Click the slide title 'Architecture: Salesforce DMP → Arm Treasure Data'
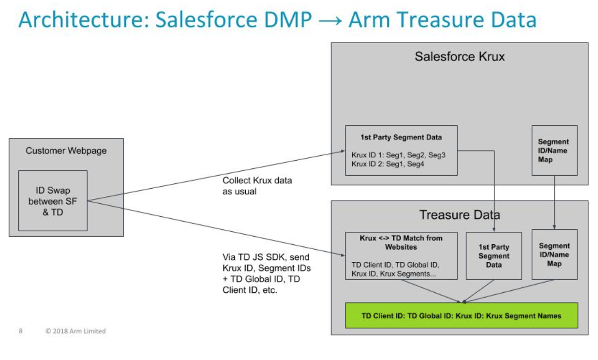(x=277, y=20)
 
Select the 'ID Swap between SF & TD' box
(x=53, y=200)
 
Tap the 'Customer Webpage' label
(x=66, y=150)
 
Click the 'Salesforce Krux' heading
(x=459, y=57)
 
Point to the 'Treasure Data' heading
(x=459, y=215)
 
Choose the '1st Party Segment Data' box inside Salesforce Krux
(x=401, y=150)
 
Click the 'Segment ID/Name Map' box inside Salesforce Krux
(x=554, y=150)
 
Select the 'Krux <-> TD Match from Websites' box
(x=401, y=255)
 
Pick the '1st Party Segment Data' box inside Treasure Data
(x=493, y=255)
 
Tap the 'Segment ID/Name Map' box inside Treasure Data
(x=554, y=255)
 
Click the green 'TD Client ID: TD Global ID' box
(x=461, y=315)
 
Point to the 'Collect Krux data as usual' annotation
(x=257, y=186)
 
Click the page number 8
(x=20, y=331)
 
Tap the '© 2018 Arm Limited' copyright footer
(x=75, y=331)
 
